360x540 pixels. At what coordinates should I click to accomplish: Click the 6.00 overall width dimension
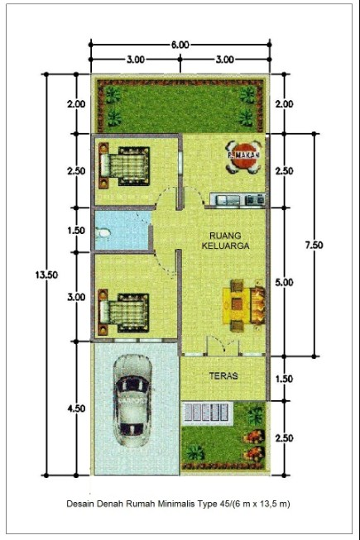pyautogui.click(x=180, y=44)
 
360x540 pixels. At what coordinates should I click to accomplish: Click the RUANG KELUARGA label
pyautogui.click(x=226, y=239)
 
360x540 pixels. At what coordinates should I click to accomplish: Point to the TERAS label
pyautogui.click(x=223, y=375)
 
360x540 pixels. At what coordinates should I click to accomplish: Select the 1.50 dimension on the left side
pyautogui.click(x=76, y=232)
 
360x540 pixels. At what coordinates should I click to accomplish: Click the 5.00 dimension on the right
pyautogui.click(x=283, y=282)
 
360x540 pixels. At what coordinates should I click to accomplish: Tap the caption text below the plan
pyautogui.click(x=180, y=503)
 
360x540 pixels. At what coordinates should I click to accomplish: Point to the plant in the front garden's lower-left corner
pyautogui.click(x=195, y=452)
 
